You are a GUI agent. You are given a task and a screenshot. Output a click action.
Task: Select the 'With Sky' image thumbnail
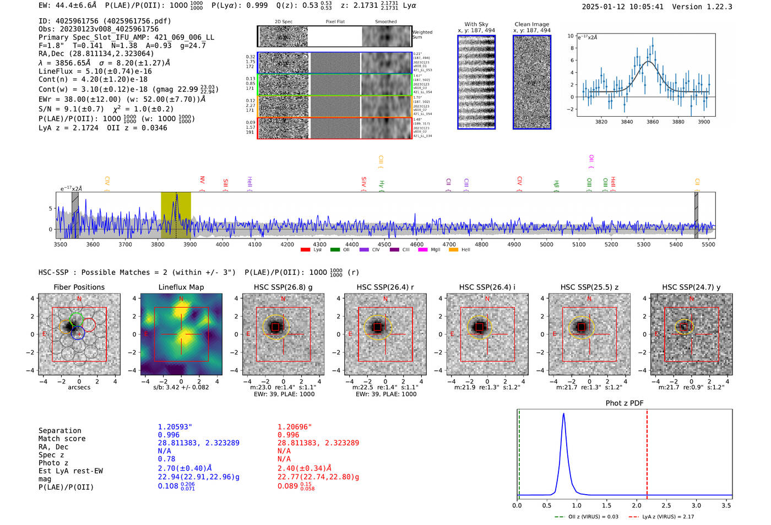(x=476, y=82)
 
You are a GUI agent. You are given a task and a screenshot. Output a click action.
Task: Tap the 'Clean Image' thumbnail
(x=532, y=82)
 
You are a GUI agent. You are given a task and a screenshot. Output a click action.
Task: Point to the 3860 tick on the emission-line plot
(x=653, y=122)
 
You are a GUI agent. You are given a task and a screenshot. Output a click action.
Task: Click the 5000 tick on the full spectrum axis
(x=546, y=245)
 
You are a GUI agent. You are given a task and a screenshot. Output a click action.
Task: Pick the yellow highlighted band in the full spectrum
(x=176, y=215)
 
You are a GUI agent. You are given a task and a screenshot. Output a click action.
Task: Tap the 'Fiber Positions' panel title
(x=79, y=287)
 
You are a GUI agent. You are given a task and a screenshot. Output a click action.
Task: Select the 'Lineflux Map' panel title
(x=181, y=287)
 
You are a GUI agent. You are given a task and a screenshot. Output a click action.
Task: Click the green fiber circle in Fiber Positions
(x=76, y=318)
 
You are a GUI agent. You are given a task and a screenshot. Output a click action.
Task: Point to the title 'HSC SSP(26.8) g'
(x=283, y=287)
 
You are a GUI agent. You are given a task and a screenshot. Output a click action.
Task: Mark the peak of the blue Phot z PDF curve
(x=563, y=414)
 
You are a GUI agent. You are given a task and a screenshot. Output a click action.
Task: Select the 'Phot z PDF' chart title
(x=625, y=403)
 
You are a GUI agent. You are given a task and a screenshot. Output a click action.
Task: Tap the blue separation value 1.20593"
(x=175, y=427)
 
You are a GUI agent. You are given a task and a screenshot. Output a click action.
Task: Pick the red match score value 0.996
(x=289, y=435)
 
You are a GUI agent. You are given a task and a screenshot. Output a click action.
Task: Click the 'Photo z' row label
(x=53, y=463)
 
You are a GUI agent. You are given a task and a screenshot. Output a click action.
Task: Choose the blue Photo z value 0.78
(x=166, y=459)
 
